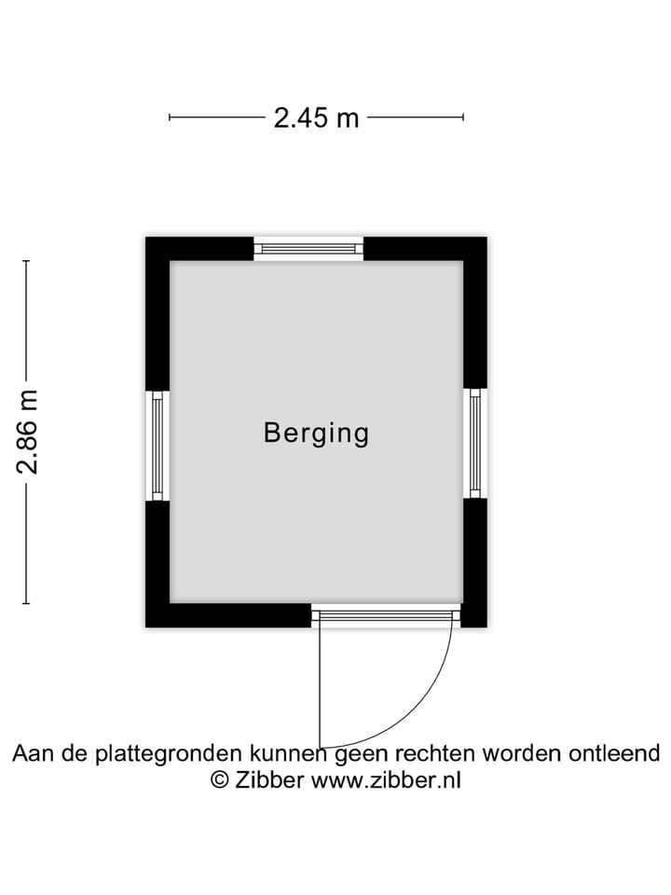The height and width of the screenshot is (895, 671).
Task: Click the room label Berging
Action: [x=316, y=434]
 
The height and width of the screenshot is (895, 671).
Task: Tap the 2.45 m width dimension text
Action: [x=316, y=118]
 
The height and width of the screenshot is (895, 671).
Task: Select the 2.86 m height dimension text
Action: [x=27, y=432]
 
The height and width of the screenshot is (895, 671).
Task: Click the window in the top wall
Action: [x=308, y=248]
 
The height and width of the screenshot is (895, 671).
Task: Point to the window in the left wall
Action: [x=157, y=446]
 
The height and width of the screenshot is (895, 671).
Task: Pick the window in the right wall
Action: [x=474, y=443]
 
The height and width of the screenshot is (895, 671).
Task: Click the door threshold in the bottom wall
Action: [x=386, y=615]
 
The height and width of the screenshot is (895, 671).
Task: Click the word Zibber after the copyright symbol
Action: [x=268, y=779]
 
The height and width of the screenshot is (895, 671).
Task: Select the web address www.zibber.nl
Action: [x=386, y=779]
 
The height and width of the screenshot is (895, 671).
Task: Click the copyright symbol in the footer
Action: [x=220, y=779]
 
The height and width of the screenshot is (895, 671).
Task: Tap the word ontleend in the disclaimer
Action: [x=614, y=753]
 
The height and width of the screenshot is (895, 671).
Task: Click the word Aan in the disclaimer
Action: [x=34, y=753]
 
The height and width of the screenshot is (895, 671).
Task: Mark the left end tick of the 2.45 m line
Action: [x=170, y=117]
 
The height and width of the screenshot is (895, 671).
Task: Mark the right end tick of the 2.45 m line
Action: [x=463, y=117]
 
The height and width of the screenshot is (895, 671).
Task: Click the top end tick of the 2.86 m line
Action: [x=26, y=261]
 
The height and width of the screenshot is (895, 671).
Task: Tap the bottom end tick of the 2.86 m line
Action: [x=26, y=603]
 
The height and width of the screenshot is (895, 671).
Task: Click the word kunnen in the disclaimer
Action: [x=288, y=753]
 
